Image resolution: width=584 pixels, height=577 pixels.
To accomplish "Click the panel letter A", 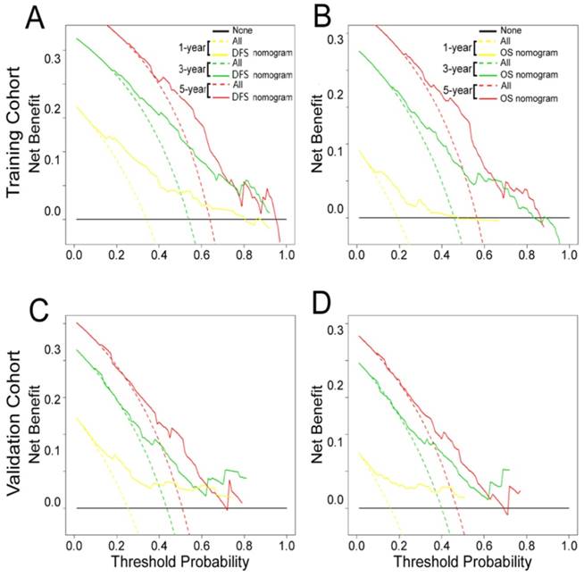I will click(20, 18).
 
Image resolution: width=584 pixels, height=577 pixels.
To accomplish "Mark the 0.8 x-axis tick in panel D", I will click(526, 544).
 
